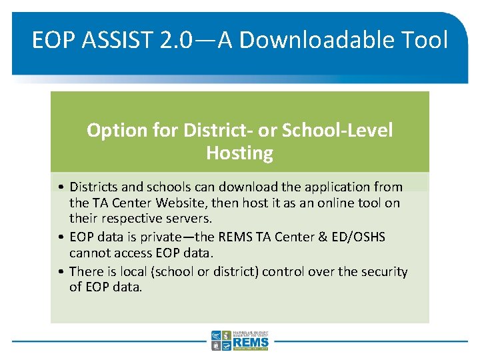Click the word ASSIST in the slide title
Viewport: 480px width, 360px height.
tap(117, 41)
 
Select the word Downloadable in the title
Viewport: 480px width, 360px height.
tap(316, 41)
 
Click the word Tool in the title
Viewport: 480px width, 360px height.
tap(425, 41)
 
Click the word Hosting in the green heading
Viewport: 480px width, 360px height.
tap(239, 153)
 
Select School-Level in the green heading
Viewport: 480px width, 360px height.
tap(337, 130)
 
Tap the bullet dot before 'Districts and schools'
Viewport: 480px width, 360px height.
tap(61, 187)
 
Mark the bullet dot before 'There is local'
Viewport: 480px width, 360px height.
tap(61, 272)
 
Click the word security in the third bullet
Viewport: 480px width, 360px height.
tap(383, 271)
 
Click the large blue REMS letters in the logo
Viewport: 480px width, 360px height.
tap(251, 341)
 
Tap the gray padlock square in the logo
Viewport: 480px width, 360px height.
tap(216, 345)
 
